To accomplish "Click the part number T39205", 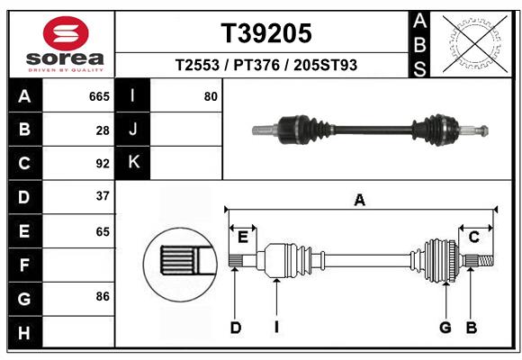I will [266, 33].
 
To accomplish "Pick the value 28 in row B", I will [103, 130].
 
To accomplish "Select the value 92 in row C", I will [102, 163].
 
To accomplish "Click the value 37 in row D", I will [102, 196].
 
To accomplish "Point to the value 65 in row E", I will [102, 231].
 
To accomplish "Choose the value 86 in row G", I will [102, 296].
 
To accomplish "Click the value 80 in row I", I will [211, 96].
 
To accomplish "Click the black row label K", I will [133, 163].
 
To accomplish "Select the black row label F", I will [24, 265].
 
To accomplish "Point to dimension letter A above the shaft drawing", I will [360, 201].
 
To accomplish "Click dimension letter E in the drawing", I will [243, 236].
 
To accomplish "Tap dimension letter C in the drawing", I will [473, 236].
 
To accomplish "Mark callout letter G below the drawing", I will [445, 328].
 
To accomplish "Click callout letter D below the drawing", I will [235, 328].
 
